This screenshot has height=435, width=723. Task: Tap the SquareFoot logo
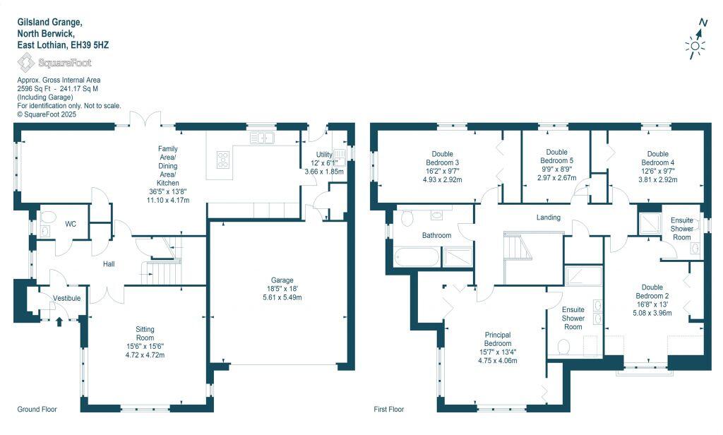tap(54, 63)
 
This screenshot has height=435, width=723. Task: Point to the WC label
tap(71, 225)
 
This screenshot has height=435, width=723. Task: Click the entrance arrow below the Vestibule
tap(59, 321)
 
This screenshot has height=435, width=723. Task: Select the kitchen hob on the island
tap(223, 160)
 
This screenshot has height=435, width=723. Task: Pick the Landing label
tap(549, 218)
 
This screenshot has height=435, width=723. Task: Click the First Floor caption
tap(388, 410)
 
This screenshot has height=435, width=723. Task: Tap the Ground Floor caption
tap(37, 410)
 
